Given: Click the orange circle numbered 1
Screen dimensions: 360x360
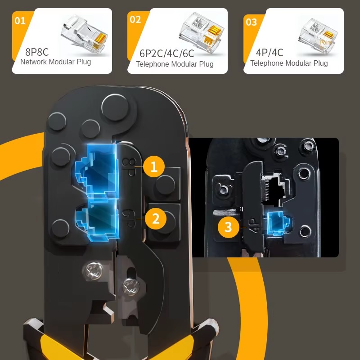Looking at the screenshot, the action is click(153, 166).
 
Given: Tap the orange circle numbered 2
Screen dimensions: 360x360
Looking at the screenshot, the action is click(156, 219).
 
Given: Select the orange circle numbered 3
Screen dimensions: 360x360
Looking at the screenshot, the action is click(229, 227).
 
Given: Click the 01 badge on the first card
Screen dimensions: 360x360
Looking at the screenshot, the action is click(20, 21).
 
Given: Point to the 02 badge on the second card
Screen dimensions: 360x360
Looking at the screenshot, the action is click(135, 20).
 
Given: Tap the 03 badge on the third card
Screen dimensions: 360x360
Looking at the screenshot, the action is click(251, 22).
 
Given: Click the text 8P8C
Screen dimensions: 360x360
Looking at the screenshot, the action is click(37, 52).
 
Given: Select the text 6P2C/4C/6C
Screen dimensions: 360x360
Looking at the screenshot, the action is click(166, 53).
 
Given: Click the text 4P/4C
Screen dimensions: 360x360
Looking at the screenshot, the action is click(269, 53).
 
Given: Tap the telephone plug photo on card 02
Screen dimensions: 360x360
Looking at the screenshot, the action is click(202, 32).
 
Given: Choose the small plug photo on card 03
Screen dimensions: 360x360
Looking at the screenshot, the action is click(318, 36).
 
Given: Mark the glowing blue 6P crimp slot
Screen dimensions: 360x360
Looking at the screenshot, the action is click(98, 221).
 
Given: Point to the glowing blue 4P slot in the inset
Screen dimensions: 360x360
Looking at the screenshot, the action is click(277, 223).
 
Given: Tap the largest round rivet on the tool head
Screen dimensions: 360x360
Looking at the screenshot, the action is click(115, 107).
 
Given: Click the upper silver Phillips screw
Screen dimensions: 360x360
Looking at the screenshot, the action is click(94, 271).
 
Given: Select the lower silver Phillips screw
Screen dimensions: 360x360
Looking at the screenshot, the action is click(131, 287).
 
